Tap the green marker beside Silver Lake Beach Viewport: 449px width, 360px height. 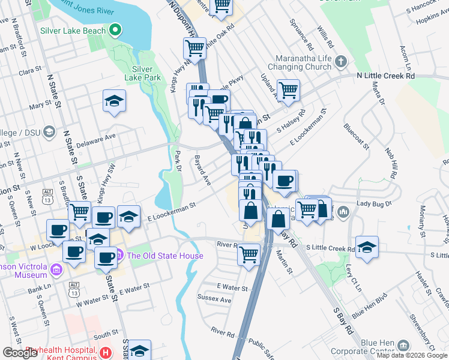click(x=116, y=29)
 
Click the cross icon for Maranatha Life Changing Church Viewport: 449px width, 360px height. click(x=341, y=61)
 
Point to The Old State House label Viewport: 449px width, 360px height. click(x=165, y=256)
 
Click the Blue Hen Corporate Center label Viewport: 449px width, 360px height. click(x=382, y=347)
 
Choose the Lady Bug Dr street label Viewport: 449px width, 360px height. click(x=373, y=204)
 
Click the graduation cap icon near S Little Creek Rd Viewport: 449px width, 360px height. click(x=367, y=247)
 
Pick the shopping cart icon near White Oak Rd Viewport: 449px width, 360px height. click(x=195, y=47)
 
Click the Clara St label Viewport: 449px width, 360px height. click(x=29, y=71)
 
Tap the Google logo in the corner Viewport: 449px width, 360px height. click(x=20, y=353)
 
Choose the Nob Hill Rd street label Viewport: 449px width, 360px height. click(x=391, y=160)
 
